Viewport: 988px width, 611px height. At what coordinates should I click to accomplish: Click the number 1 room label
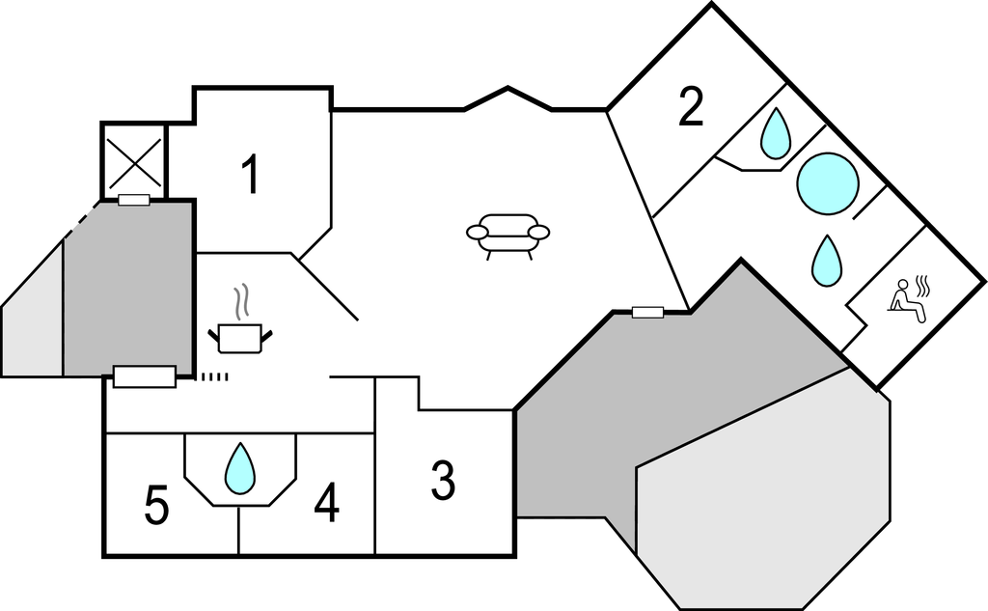250,176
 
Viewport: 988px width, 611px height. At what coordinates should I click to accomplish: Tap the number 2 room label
690,108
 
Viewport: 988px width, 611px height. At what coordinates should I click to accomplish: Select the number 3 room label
443,481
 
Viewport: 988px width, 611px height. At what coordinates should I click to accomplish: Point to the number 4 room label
327,504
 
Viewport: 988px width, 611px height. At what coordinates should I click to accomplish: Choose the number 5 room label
156,506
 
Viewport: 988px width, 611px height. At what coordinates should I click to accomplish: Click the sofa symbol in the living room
508,235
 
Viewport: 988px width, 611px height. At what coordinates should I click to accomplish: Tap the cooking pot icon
240,337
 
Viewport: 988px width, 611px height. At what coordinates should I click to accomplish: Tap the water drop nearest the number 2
775,133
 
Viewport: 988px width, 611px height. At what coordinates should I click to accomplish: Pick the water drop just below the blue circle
825,261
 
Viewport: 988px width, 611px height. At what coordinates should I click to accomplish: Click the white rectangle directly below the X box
134,200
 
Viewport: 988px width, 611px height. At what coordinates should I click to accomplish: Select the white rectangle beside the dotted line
144,376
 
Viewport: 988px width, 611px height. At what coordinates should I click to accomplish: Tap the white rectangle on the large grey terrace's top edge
647,312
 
